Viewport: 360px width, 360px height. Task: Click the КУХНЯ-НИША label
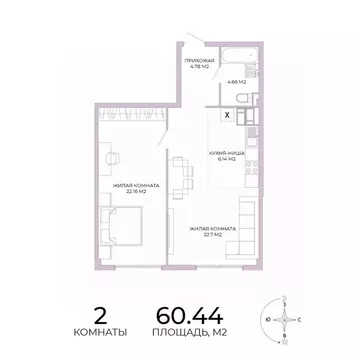[x=222, y=153]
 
